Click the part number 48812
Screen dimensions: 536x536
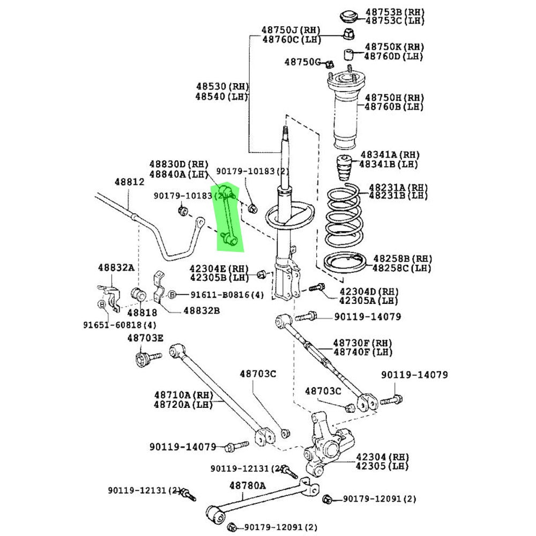(x=129, y=182)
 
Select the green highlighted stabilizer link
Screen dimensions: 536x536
(x=229, y=218)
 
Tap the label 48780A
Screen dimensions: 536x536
(x=248, y=486)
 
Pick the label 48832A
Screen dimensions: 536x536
(x=116, y=267)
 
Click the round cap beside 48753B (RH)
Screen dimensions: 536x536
(x=349, y=16)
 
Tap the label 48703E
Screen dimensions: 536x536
(x=145, y=338)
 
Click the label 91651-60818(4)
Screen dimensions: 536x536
(x=120, y=325)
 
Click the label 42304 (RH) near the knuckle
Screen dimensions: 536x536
(x=382, y=457)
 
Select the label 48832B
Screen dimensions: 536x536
(x=202, y=310)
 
